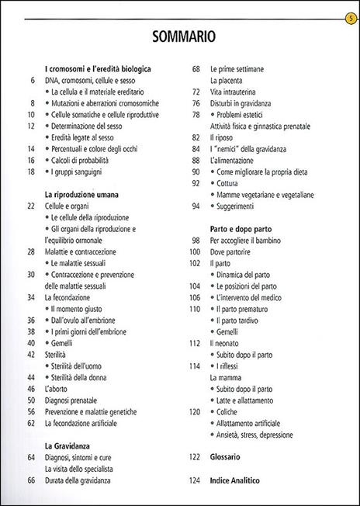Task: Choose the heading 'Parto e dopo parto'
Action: click(241, 230)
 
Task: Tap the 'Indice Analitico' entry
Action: click(234, 481)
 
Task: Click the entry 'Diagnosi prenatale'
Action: click(76, 400)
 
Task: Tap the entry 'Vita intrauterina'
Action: click(237, 92)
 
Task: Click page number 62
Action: click(31, 424)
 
